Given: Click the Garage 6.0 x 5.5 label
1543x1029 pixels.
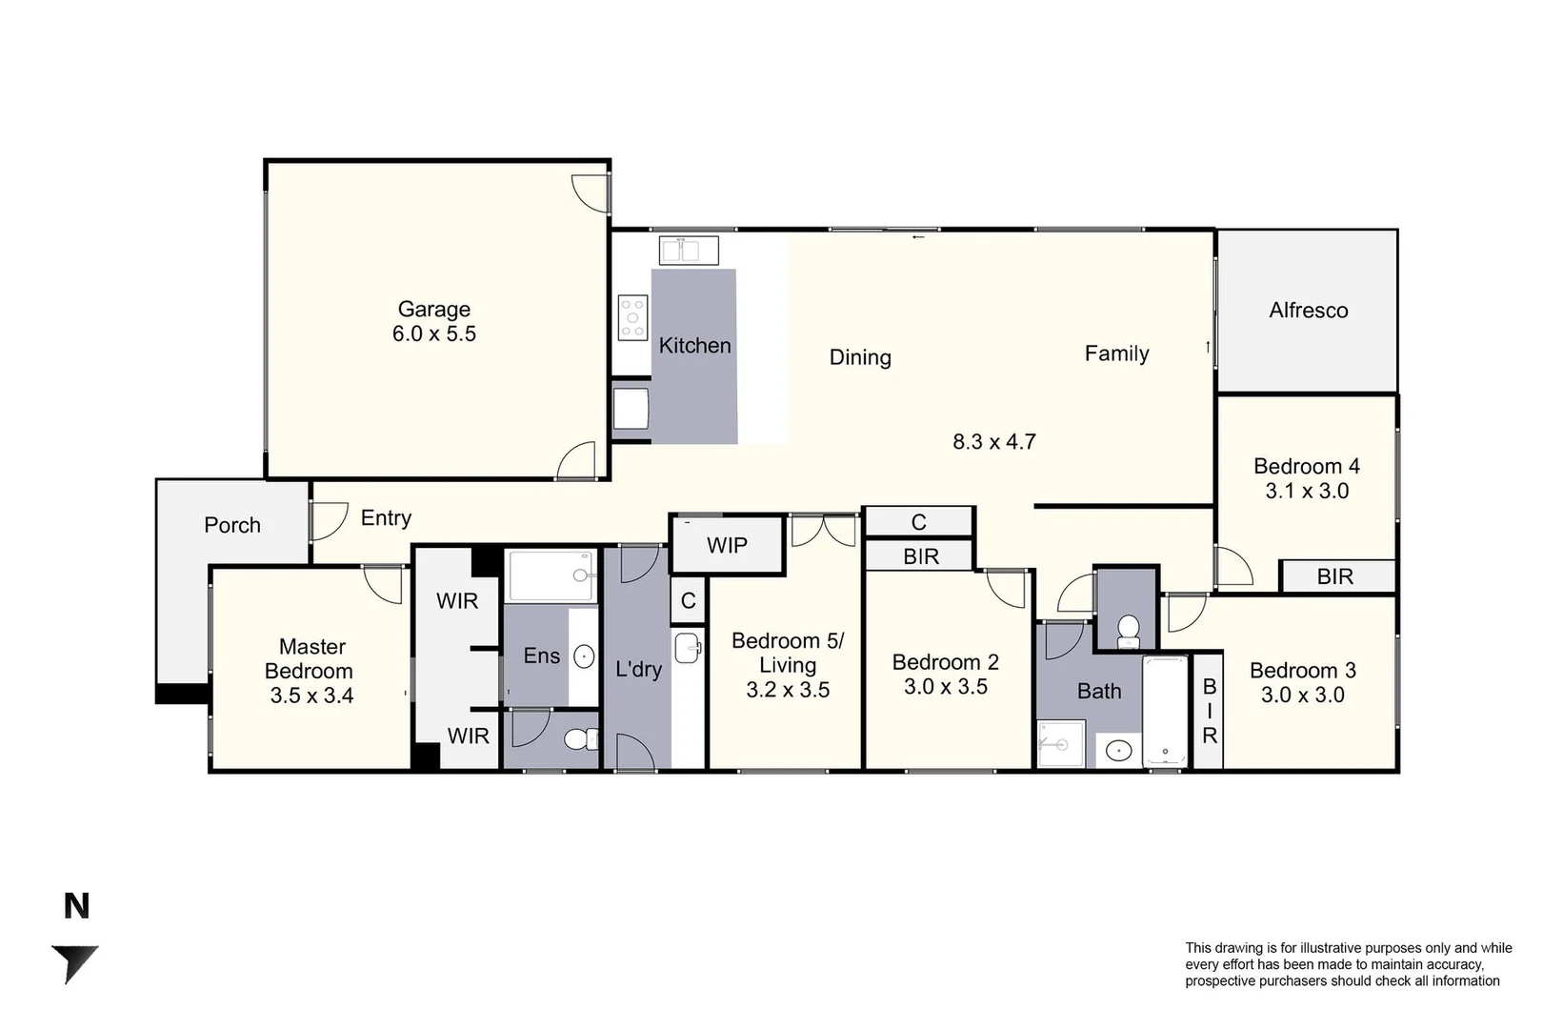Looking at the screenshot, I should coord(434,321).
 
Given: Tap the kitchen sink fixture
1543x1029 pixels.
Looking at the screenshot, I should coord(689,252).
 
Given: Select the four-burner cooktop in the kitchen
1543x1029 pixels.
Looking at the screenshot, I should coord(632,317).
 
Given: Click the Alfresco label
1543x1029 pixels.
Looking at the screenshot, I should coord(1308,311).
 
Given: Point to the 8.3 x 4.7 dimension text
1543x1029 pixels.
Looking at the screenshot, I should coord(993,442).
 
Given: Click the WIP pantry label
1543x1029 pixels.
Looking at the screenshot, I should coord(727,546).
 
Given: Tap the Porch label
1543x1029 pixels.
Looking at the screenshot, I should coord(231,525).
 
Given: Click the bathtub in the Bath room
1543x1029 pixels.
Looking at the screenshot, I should coord(1165,711).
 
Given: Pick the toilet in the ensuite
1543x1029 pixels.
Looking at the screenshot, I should coord(577,739).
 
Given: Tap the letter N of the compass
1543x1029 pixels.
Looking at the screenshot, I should coord(76,906).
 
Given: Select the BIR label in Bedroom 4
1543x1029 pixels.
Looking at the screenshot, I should coord(1334,576).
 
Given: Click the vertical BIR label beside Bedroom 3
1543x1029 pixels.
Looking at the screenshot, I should coord(1209,711).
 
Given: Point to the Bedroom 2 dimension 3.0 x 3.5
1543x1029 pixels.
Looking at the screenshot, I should coord(945,687).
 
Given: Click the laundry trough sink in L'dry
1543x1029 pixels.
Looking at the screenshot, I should coord(687,648).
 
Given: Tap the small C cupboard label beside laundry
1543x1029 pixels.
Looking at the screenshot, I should coord(688,601).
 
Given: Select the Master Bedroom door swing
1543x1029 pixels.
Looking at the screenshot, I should coord(385,583).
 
